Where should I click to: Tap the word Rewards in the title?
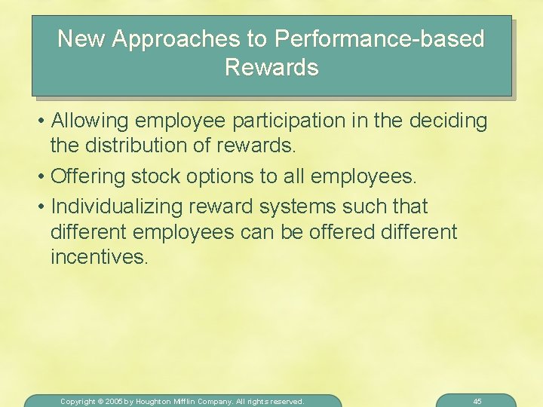click(x=271, y=68)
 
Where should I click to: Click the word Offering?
click(x=89, y=177)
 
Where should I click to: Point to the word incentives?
click(x=97, y=257)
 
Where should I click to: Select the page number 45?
click(x=477, y=402)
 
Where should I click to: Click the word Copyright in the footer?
click(x=78, y=402)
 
